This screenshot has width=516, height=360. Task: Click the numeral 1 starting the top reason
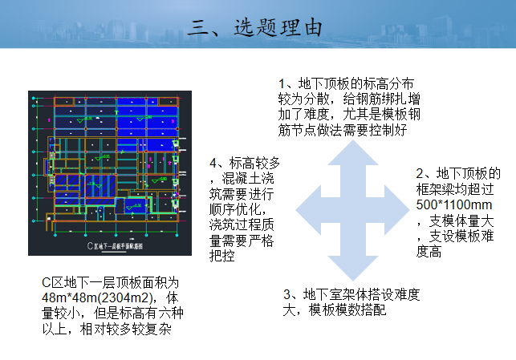pos(282,83)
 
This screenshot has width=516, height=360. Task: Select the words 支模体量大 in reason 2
pos(464,220)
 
